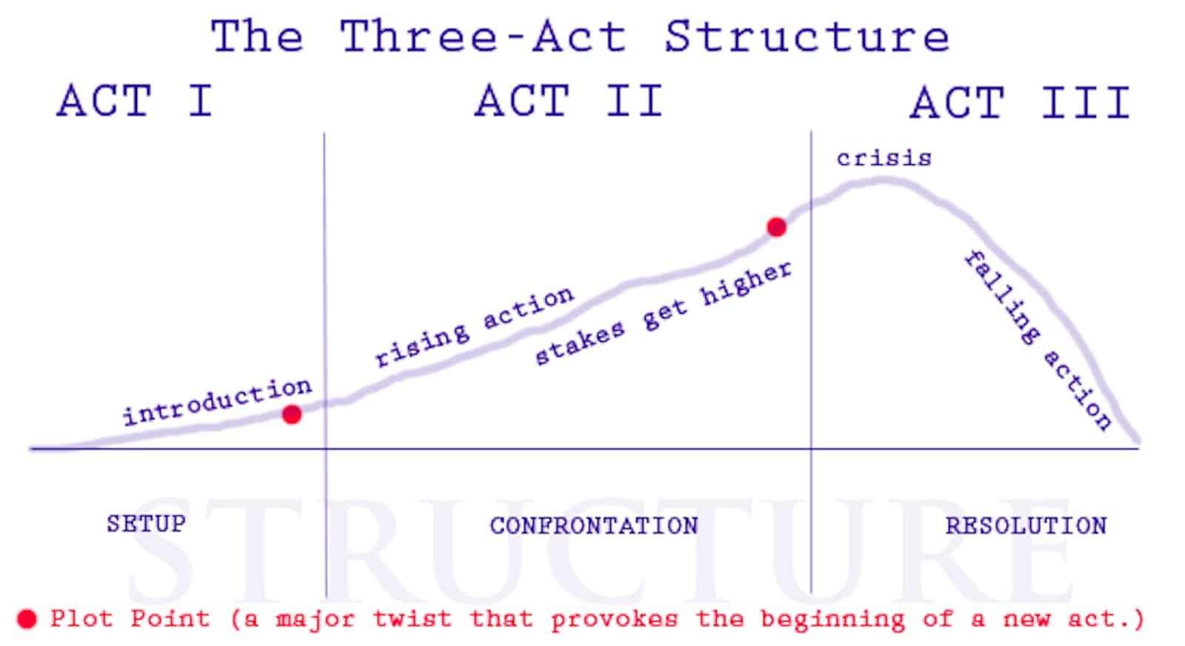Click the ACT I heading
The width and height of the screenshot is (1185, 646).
135,101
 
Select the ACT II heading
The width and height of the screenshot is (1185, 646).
568,101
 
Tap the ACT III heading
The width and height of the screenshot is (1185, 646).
1020,102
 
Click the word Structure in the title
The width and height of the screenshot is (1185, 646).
807,36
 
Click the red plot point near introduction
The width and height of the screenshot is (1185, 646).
292,414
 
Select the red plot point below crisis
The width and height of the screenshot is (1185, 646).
776,227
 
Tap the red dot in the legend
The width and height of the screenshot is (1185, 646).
27,619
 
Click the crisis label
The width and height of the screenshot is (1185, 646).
884,158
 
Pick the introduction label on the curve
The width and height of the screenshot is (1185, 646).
217,403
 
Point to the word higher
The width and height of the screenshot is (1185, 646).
746,283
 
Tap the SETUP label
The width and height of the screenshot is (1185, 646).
146,524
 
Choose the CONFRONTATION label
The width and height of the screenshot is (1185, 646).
594,525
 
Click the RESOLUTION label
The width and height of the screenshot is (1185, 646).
1026,525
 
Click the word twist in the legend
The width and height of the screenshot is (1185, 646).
411,618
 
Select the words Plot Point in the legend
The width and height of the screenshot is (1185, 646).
130,618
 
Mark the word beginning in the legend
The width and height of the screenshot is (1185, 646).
832,619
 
